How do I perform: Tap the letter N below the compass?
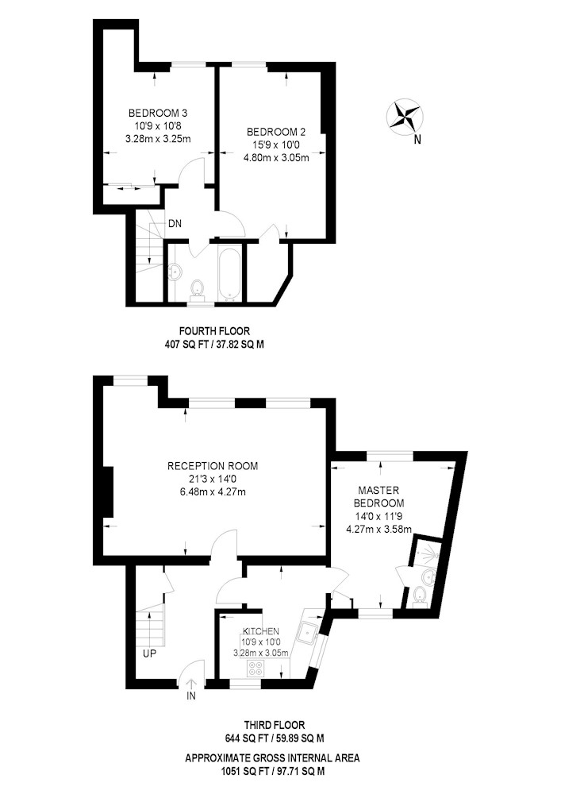[417, 140]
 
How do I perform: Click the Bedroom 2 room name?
[276, 132]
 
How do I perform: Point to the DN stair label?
[175, 223]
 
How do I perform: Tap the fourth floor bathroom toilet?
[197, 291]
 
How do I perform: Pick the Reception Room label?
[213, 466]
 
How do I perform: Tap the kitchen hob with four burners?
[255, 668]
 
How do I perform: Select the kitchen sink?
[308, 632]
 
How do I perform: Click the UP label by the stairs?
[149, 653]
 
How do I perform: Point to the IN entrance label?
[191, 696]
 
